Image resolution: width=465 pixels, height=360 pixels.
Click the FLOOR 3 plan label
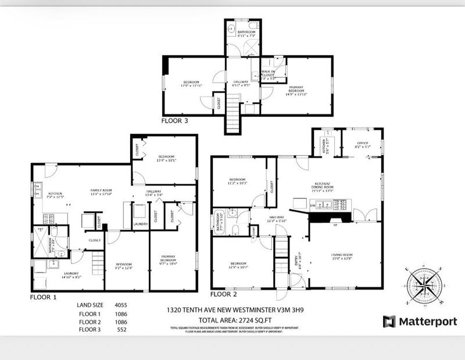[x=174, y=122]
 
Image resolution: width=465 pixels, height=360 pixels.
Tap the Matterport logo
[x=420, y=322]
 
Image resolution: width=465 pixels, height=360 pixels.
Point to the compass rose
[x=423, y=284]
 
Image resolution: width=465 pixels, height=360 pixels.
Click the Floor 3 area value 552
[x=120, y=329]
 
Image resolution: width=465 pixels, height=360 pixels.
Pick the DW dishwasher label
[x=312, y=205]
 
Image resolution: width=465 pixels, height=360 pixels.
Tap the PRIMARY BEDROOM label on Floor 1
[x=173, y=259]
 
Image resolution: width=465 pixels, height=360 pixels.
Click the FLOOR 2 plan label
[x=224, y=294]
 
